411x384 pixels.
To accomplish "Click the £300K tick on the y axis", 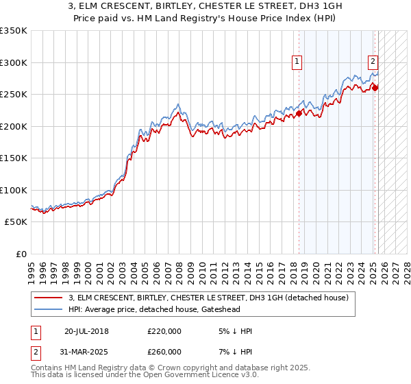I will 14,62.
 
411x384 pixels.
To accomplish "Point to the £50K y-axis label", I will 16,222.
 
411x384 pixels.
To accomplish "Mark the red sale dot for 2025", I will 375,87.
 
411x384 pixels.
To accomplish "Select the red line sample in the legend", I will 48,298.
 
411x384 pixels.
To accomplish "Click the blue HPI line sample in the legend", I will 48,309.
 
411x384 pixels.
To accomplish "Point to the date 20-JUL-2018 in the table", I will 86,331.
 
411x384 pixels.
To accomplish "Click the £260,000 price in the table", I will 164,352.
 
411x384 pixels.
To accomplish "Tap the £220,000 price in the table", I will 164,331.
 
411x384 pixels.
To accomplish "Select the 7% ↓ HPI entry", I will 234,352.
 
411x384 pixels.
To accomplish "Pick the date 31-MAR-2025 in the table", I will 86,352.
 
